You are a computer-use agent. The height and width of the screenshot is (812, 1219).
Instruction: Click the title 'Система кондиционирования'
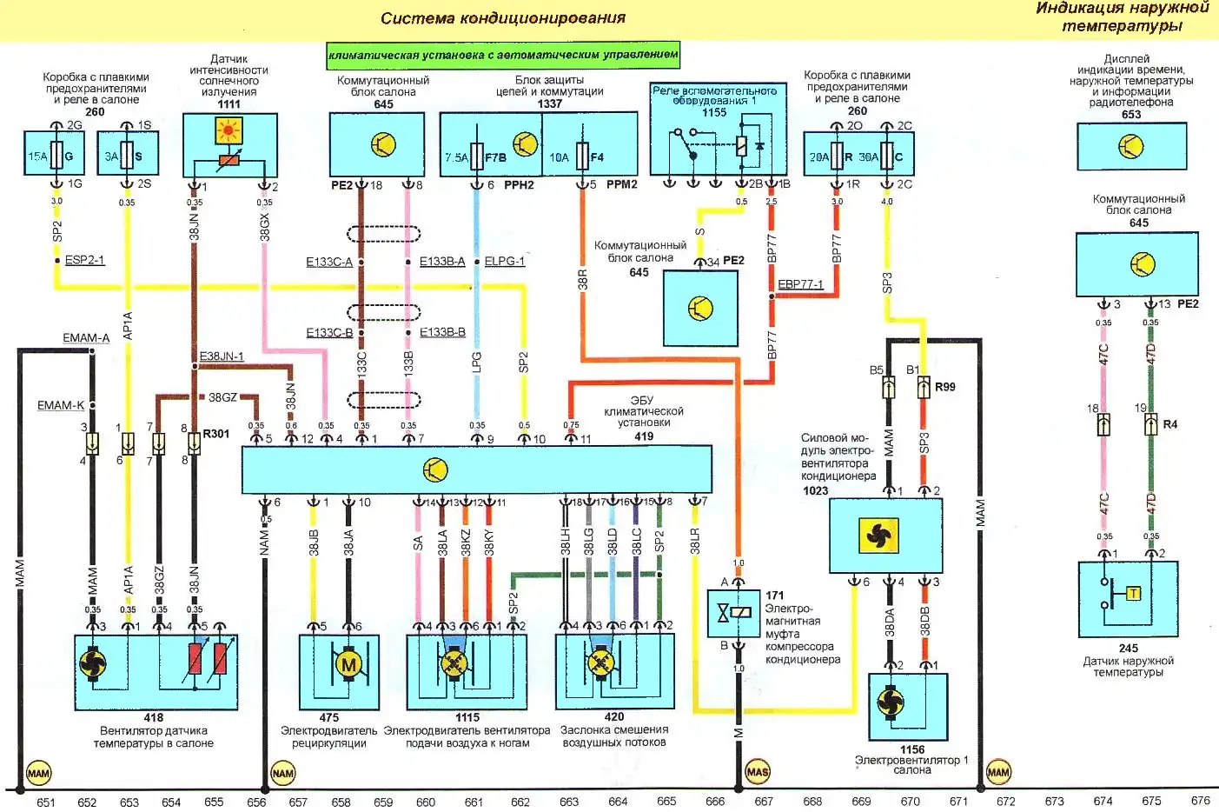502,18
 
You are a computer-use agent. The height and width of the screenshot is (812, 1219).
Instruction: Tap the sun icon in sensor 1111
229,131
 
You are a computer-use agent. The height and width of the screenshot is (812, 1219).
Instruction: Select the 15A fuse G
56,156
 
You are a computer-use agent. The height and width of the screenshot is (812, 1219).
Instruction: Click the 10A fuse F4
583,156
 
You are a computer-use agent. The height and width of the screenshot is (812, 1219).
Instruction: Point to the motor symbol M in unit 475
348,666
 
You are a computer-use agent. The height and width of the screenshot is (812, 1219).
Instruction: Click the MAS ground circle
758,771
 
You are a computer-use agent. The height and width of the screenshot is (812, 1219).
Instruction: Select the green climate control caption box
503,55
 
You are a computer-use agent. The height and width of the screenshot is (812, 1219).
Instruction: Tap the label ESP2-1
84,260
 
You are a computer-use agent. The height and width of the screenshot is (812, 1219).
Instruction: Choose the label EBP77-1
800,284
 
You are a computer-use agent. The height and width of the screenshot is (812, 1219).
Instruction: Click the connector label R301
216,433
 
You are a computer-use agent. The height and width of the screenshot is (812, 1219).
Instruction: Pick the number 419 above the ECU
644,436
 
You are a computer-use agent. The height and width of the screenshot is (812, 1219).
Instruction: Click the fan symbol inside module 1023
878,536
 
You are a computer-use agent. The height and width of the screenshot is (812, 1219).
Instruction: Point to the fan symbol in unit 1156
890,701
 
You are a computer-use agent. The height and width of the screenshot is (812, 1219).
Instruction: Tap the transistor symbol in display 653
1131,146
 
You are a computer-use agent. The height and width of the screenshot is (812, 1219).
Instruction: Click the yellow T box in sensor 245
1133,594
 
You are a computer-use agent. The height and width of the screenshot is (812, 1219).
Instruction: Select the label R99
944,387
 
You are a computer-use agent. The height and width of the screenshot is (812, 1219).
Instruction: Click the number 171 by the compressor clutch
775,596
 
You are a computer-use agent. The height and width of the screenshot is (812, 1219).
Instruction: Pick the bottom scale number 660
426,802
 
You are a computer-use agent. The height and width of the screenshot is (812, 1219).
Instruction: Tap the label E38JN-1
222,356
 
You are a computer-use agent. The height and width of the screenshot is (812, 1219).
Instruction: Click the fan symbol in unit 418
92,666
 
